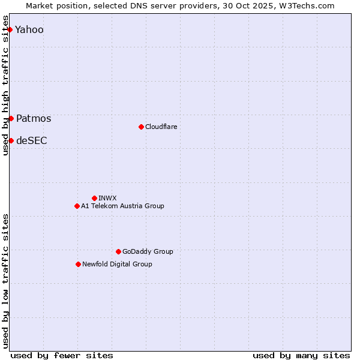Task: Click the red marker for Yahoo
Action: (x=10, y=29)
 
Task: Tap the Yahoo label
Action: (x=29, y=29)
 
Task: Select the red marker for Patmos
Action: (x=11, y=118)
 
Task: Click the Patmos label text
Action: (x=34, y=118)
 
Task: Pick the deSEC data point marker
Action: (x=11, y=140)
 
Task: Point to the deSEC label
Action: (x=31, y=140)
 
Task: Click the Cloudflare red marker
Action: (x=141, y=127)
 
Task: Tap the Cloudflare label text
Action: (x=161, y=127)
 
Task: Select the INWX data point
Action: (x=94, y=198)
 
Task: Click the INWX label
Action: (x=107, y=198)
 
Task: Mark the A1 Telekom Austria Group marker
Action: (x=77, y=206)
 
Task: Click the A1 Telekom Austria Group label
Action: (x=122, y=206)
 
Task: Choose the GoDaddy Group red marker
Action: (x=118, y=251)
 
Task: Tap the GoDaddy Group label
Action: (x=148, y=251)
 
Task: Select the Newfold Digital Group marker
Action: (x=78, y=264)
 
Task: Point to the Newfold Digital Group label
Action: (x=117, y=264)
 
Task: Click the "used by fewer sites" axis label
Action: (x=62, y=355)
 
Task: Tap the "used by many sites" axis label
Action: (x=301, y=355)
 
